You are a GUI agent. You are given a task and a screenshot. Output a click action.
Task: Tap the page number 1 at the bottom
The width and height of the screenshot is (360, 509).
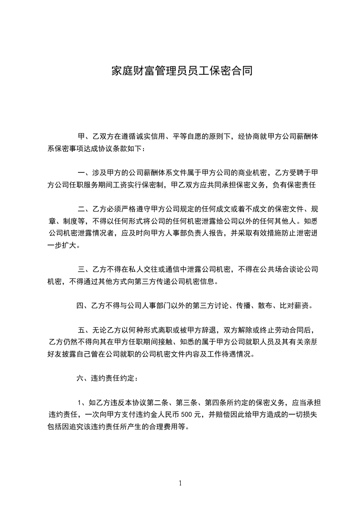point(180,484)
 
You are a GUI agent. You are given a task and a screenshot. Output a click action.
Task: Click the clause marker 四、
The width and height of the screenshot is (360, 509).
point(82,306)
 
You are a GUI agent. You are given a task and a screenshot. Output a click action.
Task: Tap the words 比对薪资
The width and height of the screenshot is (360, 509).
point(296,306)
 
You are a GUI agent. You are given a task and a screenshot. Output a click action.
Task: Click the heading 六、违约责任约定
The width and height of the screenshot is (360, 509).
point(105,377)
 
